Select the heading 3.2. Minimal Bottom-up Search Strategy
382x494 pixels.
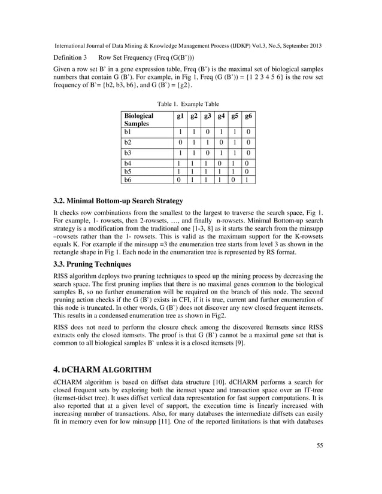coord(118,200)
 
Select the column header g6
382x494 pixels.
coord(248,116)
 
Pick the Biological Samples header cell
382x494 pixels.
coord(138,120)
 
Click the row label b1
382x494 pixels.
coord(128,132)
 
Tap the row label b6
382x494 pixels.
coord(128,179)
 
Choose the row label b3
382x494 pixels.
coord(128,153)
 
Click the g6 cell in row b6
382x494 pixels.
coord(248,179)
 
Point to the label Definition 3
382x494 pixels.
coord(71,57)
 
